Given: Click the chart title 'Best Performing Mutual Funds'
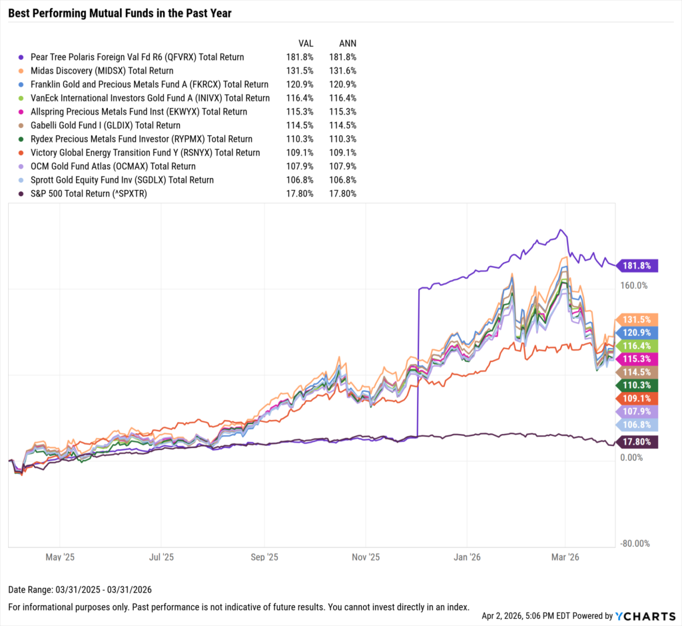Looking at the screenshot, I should (120, 13).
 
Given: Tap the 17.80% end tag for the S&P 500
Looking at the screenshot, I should (638, 442).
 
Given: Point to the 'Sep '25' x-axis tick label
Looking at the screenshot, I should (264, 556).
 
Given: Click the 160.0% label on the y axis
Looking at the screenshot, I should (634, 285).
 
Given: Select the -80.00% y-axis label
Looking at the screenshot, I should (634, 543).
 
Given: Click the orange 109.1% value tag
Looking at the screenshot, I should (638, 398).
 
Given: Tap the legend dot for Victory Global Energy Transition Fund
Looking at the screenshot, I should (22, 153).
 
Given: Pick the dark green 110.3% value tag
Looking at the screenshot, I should (638, 385).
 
